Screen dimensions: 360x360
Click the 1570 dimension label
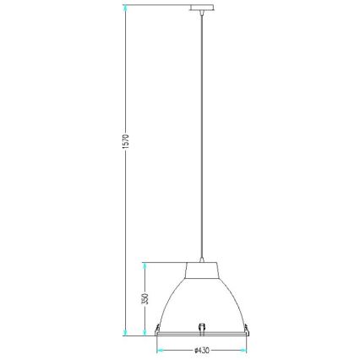pos(126,142)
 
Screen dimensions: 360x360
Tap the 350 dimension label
pos(145,299)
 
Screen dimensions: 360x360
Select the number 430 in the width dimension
pos(204,351)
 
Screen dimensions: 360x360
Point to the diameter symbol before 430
pos(195,351)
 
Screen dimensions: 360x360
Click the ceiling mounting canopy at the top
pos(202,8)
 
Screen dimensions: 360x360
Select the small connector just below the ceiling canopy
pos(202,12)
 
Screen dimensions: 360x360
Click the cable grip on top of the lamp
pos(202,259)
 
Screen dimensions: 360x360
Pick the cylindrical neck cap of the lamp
pos(202,270)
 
